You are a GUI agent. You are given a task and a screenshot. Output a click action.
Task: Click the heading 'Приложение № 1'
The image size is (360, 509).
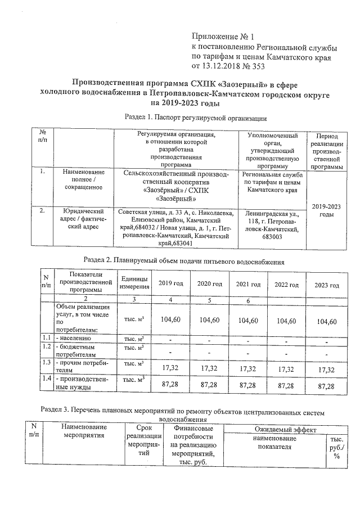tap(223, 36)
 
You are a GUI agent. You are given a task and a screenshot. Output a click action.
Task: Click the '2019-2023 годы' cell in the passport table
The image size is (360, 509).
tap(326, 210)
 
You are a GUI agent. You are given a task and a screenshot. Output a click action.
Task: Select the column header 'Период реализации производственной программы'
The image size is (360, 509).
tap(326, 151)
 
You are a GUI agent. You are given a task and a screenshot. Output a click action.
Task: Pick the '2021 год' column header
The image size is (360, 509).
tap(247, 283)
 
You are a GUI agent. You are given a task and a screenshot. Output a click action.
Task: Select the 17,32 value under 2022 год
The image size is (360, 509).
tap(286, 370)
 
